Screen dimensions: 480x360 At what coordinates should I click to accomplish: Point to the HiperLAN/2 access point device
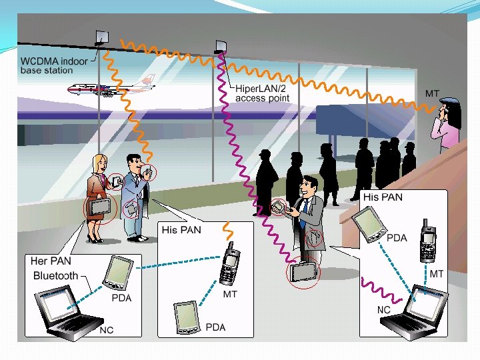tap(221, 46)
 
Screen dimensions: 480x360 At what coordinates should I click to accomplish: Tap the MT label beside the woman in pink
tap(432, 93)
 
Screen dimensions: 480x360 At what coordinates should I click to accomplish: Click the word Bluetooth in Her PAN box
tap(55, 275)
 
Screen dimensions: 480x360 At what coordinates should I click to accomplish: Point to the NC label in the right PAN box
tap(384, 310)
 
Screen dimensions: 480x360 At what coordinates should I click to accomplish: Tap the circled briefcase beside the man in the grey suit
tap(303, 271)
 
